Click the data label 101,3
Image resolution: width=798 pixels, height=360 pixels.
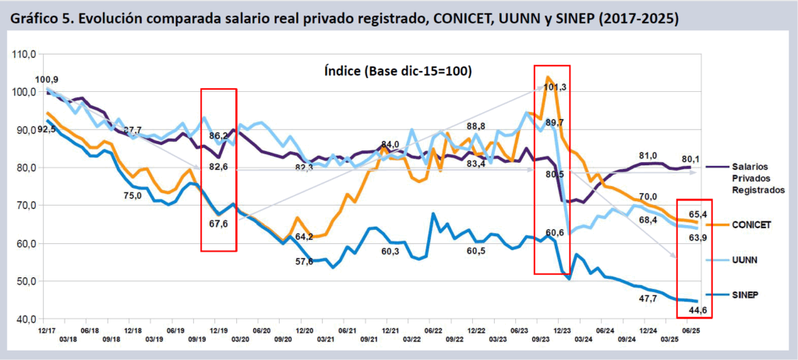point(555,86)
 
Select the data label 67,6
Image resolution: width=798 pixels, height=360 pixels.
point(220,224)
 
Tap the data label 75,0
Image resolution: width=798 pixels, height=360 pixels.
point(132,196)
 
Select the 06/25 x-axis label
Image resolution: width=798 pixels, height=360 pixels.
point(690,330)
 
